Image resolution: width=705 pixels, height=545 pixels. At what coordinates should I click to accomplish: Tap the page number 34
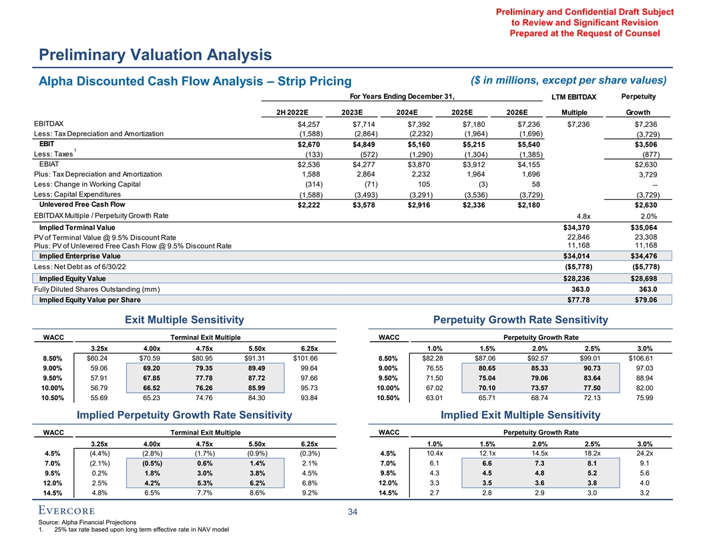tap(352, 513)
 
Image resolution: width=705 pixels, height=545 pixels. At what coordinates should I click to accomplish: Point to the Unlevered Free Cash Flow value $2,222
tap(309, 204)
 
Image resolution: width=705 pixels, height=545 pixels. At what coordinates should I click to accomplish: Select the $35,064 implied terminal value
tap(642, 227)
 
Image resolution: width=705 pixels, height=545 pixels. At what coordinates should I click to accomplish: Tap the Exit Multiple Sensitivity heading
tap(185, 320)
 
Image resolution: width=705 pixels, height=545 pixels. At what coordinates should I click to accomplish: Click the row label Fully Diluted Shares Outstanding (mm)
tap(96, 289)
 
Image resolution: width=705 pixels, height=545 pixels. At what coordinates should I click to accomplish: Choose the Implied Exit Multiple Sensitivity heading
tap(521, 415)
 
